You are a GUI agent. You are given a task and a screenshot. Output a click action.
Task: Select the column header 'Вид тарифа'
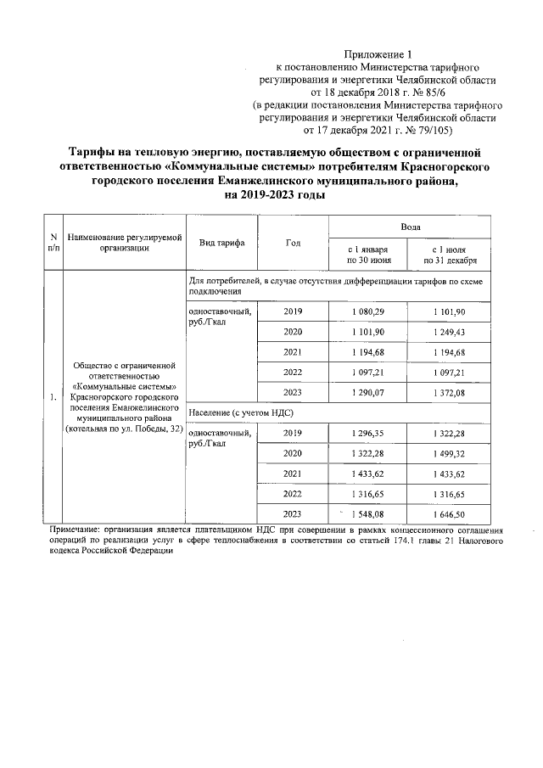[221, 242]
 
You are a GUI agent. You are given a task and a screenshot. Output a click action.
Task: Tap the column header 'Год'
[293, 242]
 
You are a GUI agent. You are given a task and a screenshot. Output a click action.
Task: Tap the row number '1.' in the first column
[53, 396]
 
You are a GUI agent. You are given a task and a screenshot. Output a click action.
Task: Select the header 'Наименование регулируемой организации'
[124, 242]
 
